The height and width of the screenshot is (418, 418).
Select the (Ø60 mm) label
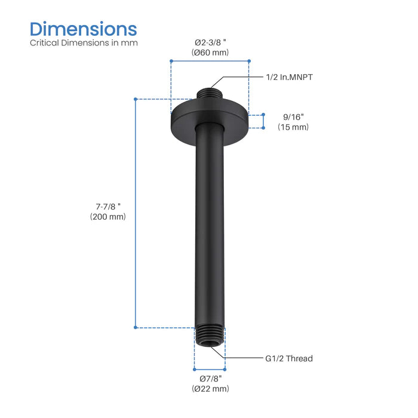(x=210, y=53)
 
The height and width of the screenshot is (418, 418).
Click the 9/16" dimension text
(x=293, y=117)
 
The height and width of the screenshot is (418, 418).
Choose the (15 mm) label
(x=293, y=127)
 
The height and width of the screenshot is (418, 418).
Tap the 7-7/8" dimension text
(x=105, y=207)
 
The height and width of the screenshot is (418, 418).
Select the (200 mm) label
(x=105, y=217)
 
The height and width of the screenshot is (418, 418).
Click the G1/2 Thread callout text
(x=289, y=358)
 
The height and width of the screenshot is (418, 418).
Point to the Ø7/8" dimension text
(x=210, y=379)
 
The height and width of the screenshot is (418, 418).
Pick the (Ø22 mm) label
(x=210, y=389)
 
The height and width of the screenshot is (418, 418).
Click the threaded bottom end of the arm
(x=210, y=335)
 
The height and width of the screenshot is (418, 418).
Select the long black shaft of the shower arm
(x=210, y=227)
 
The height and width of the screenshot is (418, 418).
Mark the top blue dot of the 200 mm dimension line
(x=136, y=99)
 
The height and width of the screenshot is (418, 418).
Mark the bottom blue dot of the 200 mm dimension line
(x=136, y=327)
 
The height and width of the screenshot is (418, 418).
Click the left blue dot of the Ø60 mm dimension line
(x=171, y=61)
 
